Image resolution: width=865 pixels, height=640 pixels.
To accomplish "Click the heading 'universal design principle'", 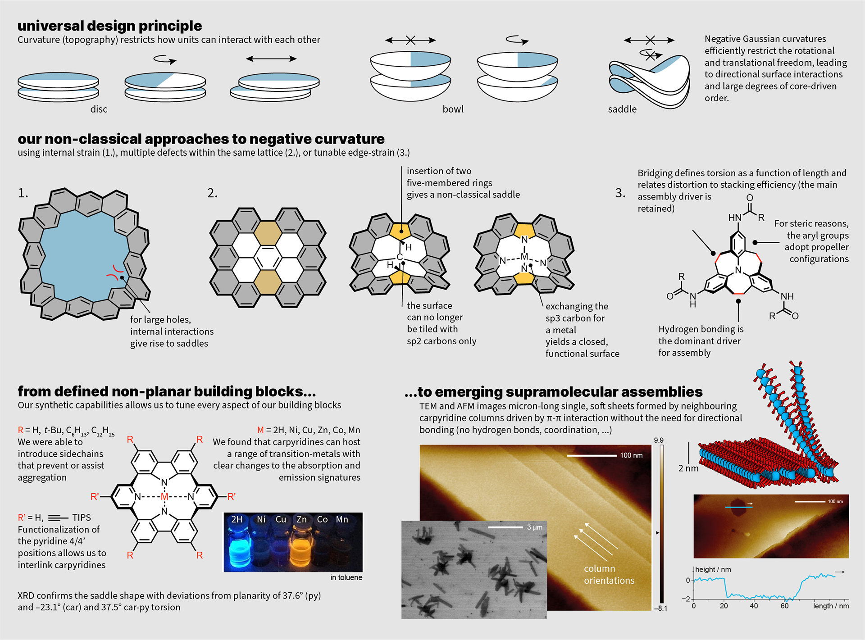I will click(109, 26).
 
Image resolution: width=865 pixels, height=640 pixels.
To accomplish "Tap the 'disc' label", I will click(99, 109).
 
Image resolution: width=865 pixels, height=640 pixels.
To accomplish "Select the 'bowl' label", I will click(453, 109).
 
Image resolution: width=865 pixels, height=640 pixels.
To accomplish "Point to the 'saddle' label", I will click(622, 109).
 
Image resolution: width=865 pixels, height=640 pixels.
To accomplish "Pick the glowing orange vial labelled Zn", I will click(301, 547).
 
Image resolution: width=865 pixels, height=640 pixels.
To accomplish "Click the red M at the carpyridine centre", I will click(164, 497).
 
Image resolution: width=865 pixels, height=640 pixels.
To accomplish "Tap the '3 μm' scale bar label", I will click(535, 527).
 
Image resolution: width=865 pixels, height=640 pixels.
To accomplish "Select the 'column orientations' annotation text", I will click(609, 575).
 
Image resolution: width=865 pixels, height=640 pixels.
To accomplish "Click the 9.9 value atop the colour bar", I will click(659, 440).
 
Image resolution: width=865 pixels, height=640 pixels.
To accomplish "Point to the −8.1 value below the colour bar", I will click(660, 608).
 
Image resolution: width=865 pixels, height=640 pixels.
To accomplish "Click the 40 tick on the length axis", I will click(754, 606).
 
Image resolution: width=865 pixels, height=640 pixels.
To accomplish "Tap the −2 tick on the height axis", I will click(686, 599).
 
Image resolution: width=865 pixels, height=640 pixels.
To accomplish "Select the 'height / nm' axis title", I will click(713, 569).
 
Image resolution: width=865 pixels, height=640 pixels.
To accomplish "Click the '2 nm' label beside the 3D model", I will click(688, 468).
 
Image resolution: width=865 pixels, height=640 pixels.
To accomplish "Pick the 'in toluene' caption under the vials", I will click(346, 577).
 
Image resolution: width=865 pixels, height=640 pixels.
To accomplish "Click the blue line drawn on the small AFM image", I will click(738, 507).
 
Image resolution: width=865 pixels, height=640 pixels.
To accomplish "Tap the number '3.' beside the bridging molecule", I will click(620, 193).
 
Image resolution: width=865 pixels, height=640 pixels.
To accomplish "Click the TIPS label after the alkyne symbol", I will click(82, 517).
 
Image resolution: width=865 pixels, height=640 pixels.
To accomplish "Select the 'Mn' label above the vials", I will click(342, 519).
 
